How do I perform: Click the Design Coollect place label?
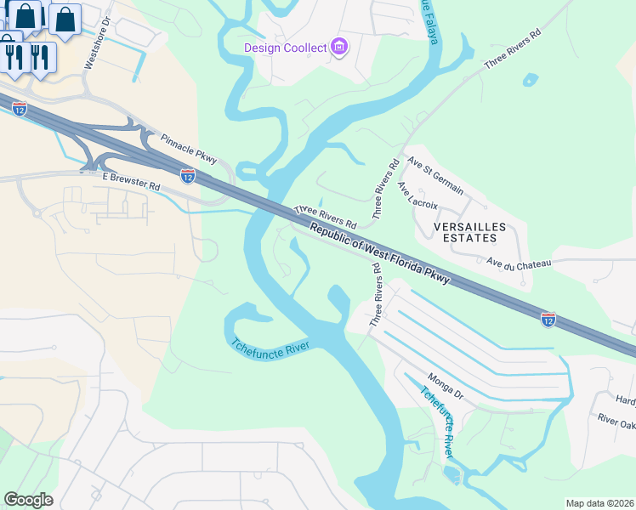click(285, 48)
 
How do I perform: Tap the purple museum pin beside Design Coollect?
click(338, 47)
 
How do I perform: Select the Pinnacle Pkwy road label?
click(190, 148)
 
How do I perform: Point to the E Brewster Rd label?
click(131, 180)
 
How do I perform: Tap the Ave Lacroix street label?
click(417, 195)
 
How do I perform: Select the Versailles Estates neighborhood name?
click(469, 232)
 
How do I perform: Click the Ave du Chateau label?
click(520, 263)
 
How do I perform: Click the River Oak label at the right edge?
click(616, 420)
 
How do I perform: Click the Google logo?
click(28, 500)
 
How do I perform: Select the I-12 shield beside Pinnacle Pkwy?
click(188, 175)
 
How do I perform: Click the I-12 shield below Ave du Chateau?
click(548, 320)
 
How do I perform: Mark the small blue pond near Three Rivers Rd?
click(531, 81)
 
